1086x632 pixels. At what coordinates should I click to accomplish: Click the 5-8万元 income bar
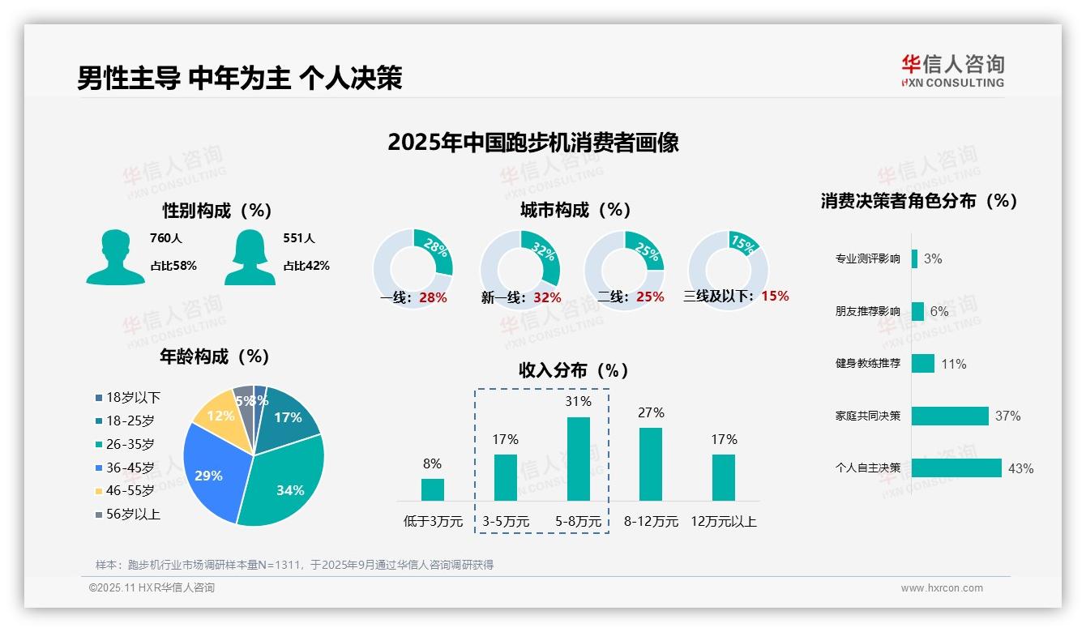tap(578, 459)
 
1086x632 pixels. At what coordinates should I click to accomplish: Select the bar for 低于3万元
tap(432, 489)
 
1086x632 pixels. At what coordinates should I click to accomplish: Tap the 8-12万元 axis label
tap(651, 522)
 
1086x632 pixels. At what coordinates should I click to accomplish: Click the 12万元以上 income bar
tap(724, 477)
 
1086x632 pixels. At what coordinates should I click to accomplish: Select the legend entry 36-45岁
tap(130, 468)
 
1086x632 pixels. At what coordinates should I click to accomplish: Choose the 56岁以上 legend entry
tap(133, 514)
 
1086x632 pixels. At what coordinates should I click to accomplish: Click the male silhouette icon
tap(115, 258)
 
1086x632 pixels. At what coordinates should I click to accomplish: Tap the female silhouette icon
tap(250, 258)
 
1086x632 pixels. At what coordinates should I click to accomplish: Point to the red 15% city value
tap(775, 296)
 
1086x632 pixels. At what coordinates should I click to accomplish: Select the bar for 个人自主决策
tap(956, 468)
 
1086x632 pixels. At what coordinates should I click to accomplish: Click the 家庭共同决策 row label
tap(867, 416)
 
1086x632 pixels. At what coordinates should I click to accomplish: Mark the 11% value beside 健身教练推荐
tap(953, 364)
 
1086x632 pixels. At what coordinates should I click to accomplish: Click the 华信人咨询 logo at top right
tap(952, 70)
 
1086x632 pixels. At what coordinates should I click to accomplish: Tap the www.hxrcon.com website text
tap(942, 588)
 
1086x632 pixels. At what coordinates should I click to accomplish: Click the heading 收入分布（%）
tap(574, 370)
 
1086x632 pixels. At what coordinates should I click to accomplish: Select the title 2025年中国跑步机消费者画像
tap(532, 143)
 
